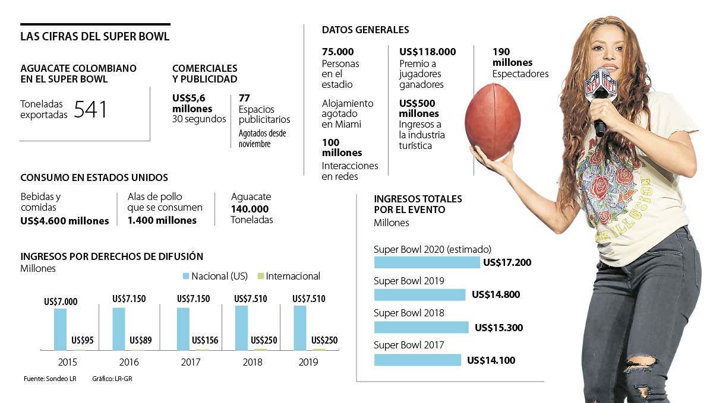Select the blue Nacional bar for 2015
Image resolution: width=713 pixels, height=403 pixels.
tap(60, 329)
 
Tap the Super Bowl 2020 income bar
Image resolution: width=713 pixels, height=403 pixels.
tap(427, 262)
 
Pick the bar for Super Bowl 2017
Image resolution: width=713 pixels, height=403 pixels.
tap(417, 360)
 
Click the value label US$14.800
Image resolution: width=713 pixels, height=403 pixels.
tap(496, 295)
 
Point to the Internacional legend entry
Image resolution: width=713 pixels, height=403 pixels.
tap(289, 276)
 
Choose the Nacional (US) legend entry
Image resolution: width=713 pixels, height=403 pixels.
tap(215, 276)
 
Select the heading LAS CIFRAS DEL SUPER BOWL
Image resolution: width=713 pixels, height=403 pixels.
tap(95, 37)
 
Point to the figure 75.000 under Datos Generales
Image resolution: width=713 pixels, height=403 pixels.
tap(337, 52)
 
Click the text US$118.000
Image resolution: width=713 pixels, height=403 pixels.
tap(428, 52)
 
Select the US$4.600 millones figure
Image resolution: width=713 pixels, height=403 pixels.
tap(65, 221)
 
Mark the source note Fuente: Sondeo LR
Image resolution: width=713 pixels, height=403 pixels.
tap(50, 379)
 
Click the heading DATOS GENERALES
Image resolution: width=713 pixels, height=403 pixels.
tap(365, 30)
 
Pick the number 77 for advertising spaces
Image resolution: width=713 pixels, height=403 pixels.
tap(244, 98)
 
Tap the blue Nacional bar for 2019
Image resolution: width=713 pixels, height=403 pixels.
tap(300, 328)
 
